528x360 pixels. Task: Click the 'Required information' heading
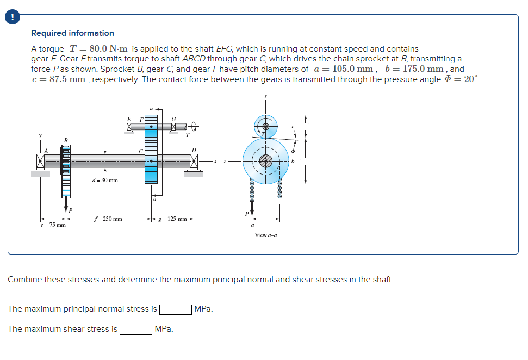click(x=72, y=33)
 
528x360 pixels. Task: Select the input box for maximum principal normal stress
click(x=175, y=309)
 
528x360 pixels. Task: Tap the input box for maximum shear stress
click(x=135, y=330)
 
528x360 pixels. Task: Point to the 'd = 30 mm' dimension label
click(x=105, y=180)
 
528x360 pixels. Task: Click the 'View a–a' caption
click(x=265, y=235)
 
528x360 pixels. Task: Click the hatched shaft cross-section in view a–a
click(x=266, y=161)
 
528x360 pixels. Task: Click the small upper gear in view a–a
click(x=265, y=125)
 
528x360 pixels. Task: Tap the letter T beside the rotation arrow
click(x=187, y=135)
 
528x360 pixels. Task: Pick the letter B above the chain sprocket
click(x=66, y=140)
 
